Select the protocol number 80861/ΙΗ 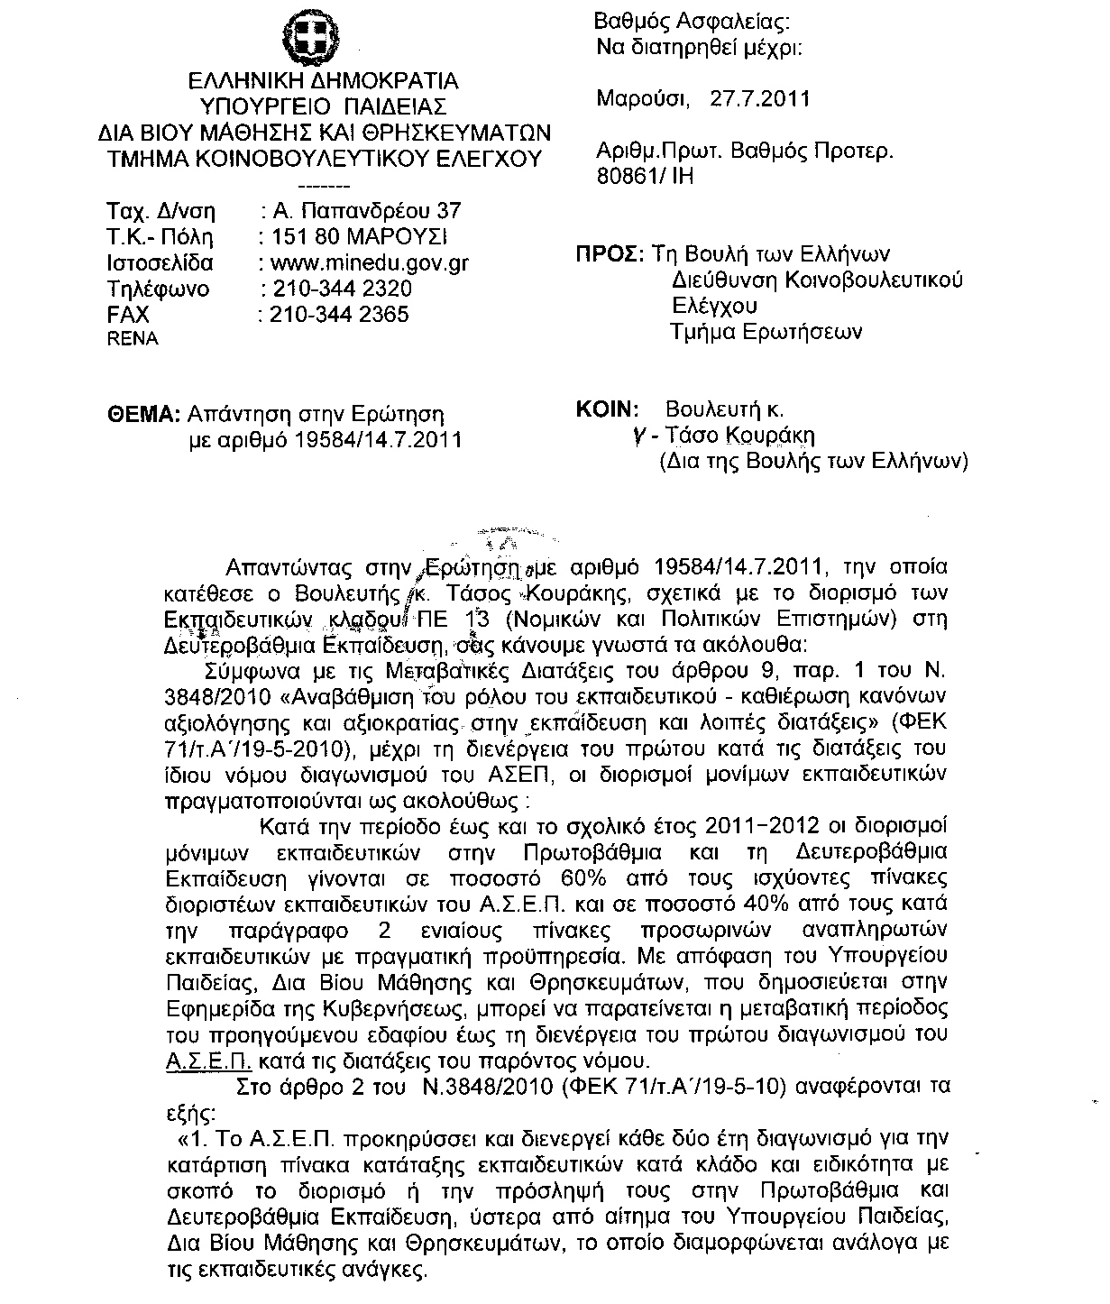(646, 177)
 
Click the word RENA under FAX (133, 339)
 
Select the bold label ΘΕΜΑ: (143, 414)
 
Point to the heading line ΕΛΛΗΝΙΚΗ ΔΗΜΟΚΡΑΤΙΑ (323, 81)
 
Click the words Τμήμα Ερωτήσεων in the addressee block (766, 332)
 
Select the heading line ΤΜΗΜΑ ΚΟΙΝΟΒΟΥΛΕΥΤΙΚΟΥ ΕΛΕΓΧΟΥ (323, 159)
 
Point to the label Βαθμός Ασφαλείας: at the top (692, 23)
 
